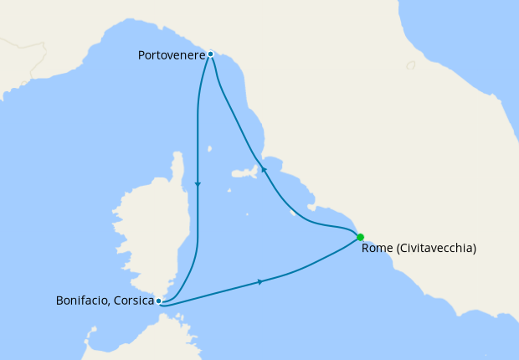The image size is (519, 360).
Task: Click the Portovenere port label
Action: coord(171,55)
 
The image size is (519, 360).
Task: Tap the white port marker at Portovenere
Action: coord(210,54)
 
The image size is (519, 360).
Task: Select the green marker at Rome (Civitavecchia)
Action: coord(360,237)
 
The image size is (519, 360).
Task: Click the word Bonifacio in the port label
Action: coord(81,301)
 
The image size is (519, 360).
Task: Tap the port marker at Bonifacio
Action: coord(158,301)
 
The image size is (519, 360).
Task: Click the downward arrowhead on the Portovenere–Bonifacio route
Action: coord(198,184)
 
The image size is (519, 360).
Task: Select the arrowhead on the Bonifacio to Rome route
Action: coord(261,282)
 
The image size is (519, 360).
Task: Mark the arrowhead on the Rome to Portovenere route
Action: coord(264,168)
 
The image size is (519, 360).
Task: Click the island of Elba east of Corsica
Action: coord(244,175)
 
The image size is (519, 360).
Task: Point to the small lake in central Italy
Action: coord(410,65)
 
